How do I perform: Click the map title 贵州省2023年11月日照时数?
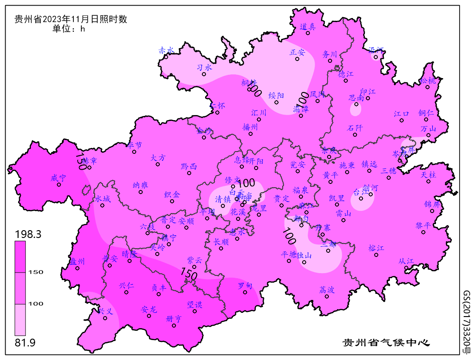(x=71, y=19)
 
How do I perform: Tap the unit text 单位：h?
(x=69, y=29)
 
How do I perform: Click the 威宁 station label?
(x=59, y=177)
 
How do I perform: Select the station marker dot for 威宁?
(x=59, y=184)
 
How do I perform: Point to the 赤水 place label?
(x=166, y=50)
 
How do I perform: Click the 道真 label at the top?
(x=308, y=27)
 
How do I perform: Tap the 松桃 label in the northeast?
(x=428, y=81)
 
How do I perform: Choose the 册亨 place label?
(x=174, y=318)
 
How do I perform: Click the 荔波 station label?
(x=327, y=290)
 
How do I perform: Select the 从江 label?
(x=406, y=261)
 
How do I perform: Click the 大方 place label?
(x=158, y=158)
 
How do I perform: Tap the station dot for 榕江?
(x=376, y=255)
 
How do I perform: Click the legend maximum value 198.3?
(x=28, y=235)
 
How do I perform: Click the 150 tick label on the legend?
(x=36, y=272)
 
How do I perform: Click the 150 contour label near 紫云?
(x=189, y=274)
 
